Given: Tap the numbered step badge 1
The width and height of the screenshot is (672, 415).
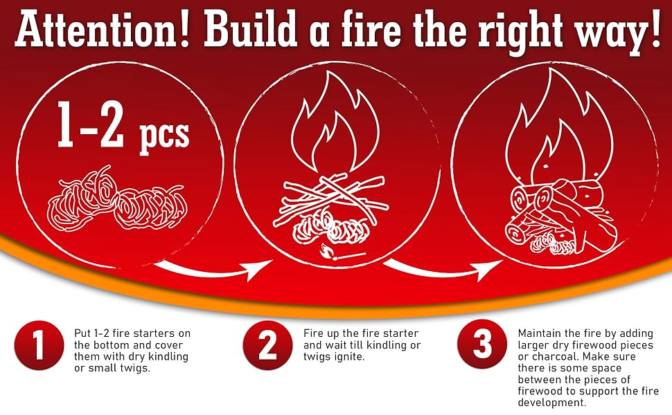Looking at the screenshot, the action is point(39,345).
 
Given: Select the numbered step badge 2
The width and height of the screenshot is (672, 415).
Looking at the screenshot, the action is point(268,345).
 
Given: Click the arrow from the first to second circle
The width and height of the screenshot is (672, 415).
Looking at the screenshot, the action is point(208,270).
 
